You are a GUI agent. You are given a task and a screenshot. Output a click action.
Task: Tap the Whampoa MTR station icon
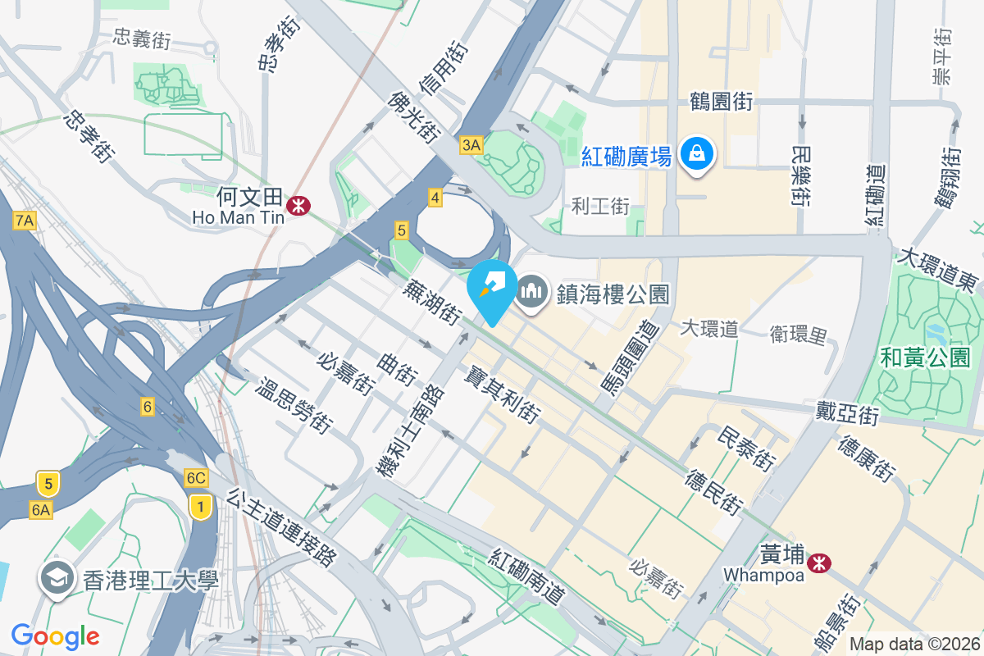pyautogui.click(x=818, y=563)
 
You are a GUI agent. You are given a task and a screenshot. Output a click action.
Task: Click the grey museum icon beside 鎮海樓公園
pyautogui.click(x=532, y=291)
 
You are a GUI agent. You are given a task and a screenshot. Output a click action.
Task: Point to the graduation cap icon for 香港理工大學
pyautogui.click(x=57, y=580)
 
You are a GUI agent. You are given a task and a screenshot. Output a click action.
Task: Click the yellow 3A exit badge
pyautogui.click(x=471, y=146)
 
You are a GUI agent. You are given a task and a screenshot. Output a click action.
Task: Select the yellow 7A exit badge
pyautogui.click(x=25, y=221)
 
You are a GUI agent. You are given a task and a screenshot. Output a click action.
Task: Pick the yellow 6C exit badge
pyautogui.click(x=196, y=478)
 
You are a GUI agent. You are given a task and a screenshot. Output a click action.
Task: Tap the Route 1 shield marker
pyautogui.click(x=198, y=506)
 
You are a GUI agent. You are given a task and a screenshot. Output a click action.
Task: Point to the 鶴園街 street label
pyautogui.click(x=722, y=102)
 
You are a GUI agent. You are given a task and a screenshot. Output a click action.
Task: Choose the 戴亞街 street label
pyautogui.click(x=847, y=412)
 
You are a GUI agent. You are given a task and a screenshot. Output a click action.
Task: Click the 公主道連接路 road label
pyautogui.click(x=283, y=528)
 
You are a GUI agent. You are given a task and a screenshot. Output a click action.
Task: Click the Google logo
pyautogui.click(x=55, y=635)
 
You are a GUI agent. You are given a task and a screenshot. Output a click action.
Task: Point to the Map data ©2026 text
pyautogui.click(x=915, y=645)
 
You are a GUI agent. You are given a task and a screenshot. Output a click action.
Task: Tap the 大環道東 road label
pyautogui.click(x=939, y=270)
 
